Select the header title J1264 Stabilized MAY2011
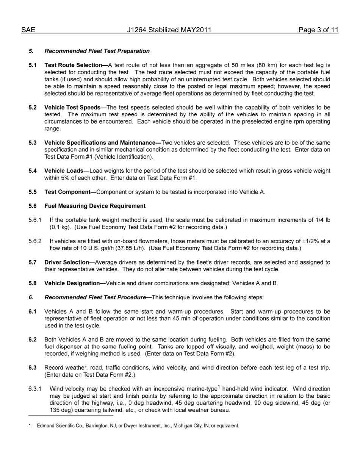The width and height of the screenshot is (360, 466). [x=169, y=30]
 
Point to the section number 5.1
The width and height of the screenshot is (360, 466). [x=33, y=65]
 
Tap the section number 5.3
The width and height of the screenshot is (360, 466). [x=33, y=143]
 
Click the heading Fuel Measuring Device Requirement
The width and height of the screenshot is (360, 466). [x=95, y=206]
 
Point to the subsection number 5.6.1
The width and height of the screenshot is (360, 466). [x=35, y=220]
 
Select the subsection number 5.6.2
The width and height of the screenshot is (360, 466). [x=35, y=241]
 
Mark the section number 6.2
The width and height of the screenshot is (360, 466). [x=33, y=339]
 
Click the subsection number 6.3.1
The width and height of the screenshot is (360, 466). [x=35, y=389]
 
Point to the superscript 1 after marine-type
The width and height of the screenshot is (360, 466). [x=219, y=387]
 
